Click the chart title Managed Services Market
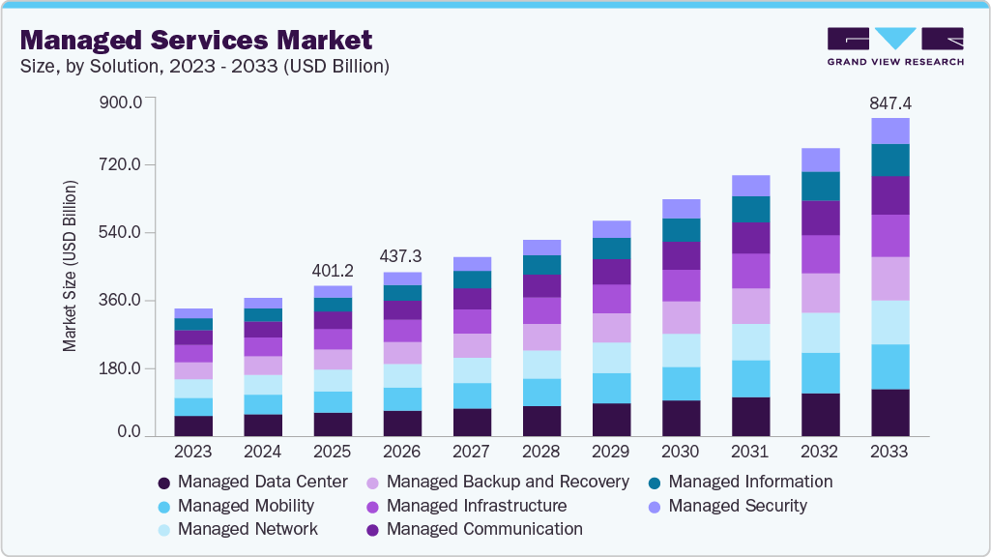tap(195, 40)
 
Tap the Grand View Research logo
tap(894, 45)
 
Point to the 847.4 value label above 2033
tap(889, 103)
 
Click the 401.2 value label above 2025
tap(333, 270)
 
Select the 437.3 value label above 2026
tap(402, 256)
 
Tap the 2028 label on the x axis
tap(540, 452)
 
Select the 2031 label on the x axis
tap(749, 452)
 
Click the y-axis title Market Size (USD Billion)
tap(71, 263)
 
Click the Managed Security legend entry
tap(727, 505)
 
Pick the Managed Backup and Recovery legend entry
tap(497, 481)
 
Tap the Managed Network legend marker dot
tap(163, 530)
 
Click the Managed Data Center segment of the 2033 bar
tap(889, 413)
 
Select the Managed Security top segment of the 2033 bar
tap(889, 131)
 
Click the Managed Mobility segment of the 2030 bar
tap(681, 384)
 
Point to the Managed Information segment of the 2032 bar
tap(820, 186)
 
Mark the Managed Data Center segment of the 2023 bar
tap(193, 426)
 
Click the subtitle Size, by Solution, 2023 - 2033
tap(204, 67)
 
